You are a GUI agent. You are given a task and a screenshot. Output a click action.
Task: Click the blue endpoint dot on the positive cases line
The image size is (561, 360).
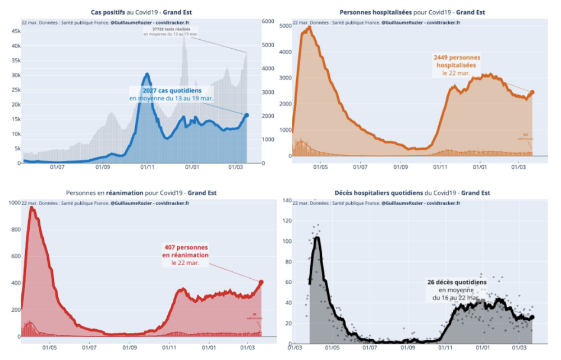point(247,115)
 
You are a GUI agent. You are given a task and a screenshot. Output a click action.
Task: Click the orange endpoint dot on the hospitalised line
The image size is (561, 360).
point(532,92)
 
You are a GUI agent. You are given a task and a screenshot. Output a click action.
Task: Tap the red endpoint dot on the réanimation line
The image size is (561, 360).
point(261,282)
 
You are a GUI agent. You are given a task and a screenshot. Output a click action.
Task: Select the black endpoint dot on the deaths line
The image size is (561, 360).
point(532,317)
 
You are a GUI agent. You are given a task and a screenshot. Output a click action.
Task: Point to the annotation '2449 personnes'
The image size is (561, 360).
point(457,57)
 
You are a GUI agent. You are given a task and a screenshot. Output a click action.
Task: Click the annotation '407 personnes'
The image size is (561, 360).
point(186,247)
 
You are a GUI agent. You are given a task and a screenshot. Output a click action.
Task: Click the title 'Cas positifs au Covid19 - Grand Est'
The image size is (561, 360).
point(139,12)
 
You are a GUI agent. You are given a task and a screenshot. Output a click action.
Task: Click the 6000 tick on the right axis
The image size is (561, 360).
point(268,21)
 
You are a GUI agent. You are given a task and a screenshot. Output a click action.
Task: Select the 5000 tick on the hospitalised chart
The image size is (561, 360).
point(284,26)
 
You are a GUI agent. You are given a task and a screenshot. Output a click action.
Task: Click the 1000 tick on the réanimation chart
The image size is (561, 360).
point(13,202)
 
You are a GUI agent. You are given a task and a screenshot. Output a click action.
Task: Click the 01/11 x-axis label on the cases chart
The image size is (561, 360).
point(148,167)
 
